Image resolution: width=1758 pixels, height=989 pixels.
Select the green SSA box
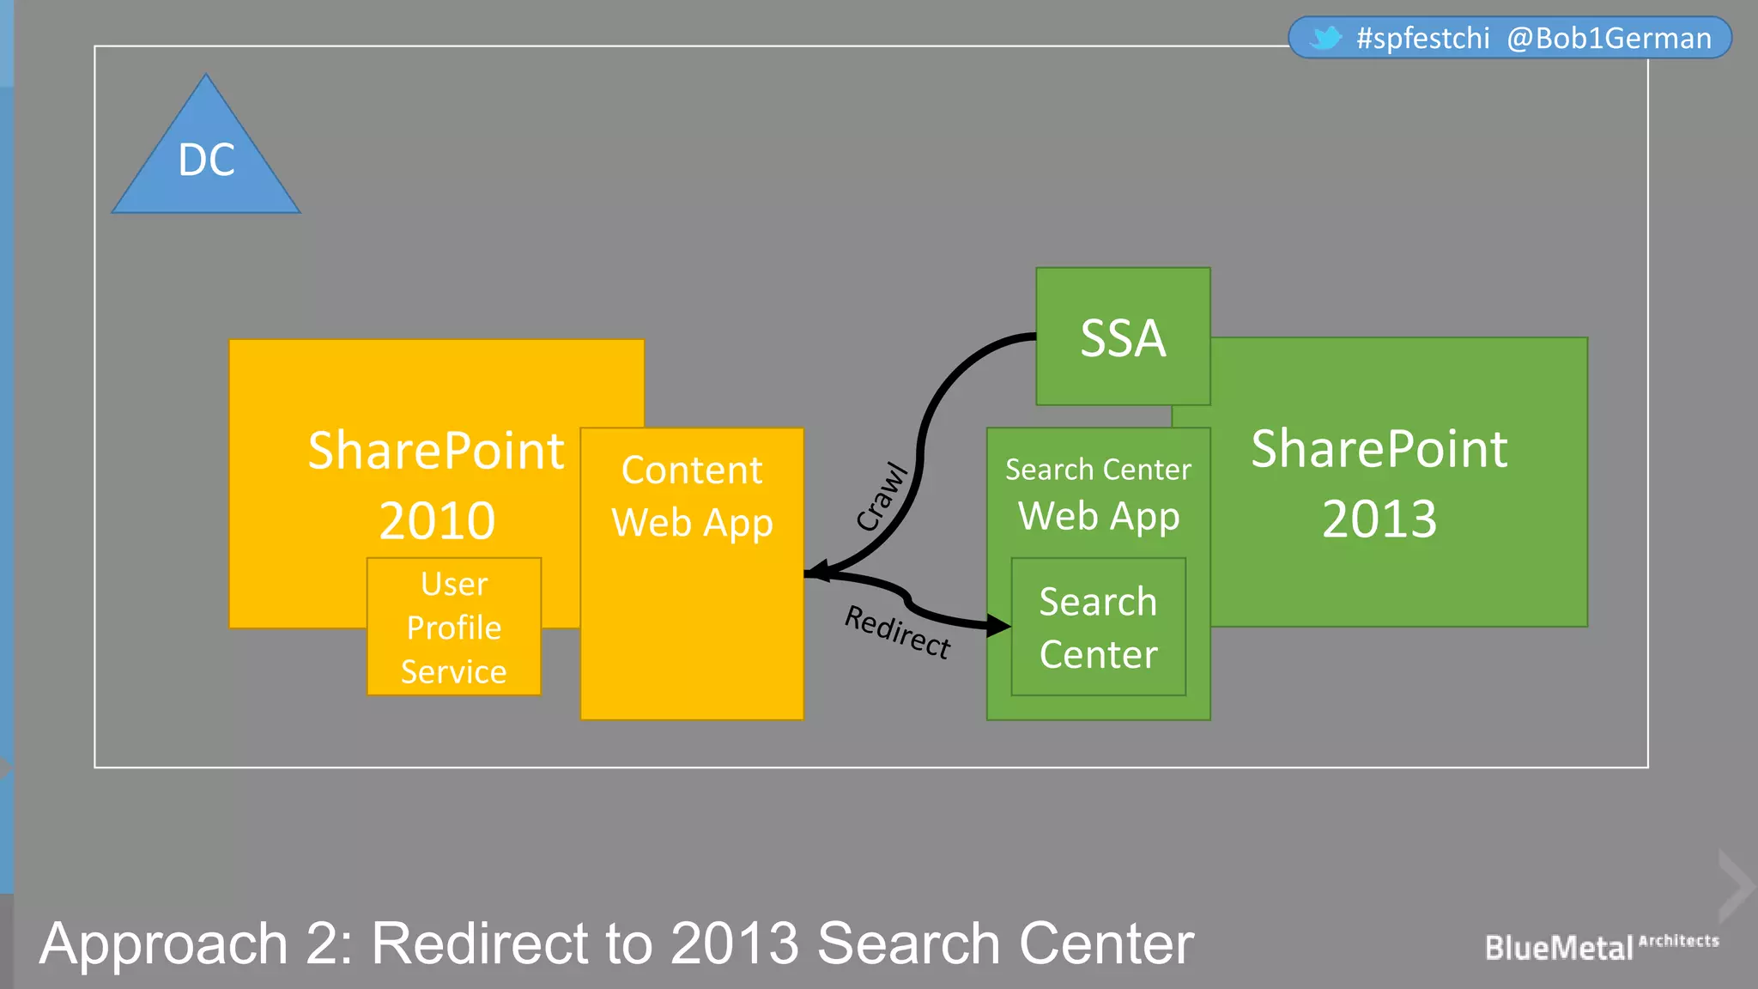coord(1123,337)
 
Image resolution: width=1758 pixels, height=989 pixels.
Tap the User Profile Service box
coord(454,627)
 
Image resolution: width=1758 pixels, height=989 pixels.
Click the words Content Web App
coord(692,496)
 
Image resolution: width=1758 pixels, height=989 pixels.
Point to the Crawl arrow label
coord(882,497)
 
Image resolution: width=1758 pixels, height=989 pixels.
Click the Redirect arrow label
coord(898,631)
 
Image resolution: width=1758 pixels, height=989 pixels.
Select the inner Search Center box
coord(1098,627)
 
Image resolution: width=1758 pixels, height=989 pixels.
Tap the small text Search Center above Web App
coord(1098,470)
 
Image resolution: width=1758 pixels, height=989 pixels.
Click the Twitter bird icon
coord(1326,38)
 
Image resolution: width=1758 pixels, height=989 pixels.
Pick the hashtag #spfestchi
coord(1422,39)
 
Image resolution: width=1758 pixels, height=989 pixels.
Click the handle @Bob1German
coord(1609,39)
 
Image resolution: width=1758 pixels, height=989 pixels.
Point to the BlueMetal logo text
coord(1559,948)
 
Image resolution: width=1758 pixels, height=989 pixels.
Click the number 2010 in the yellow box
coord(437,520)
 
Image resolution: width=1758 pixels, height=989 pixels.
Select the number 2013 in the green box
coord(1379,519)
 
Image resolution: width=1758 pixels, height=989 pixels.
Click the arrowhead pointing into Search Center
coord(999,625)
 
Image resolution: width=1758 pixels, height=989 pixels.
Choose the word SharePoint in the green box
coord(1379,448)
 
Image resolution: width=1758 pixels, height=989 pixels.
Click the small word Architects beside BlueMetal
coord(1678,940)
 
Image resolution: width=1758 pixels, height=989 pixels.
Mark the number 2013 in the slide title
coord(735,943)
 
